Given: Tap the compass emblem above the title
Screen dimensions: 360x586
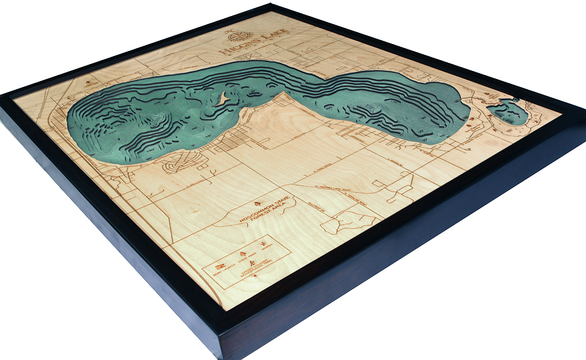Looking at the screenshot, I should pos(235,33).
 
